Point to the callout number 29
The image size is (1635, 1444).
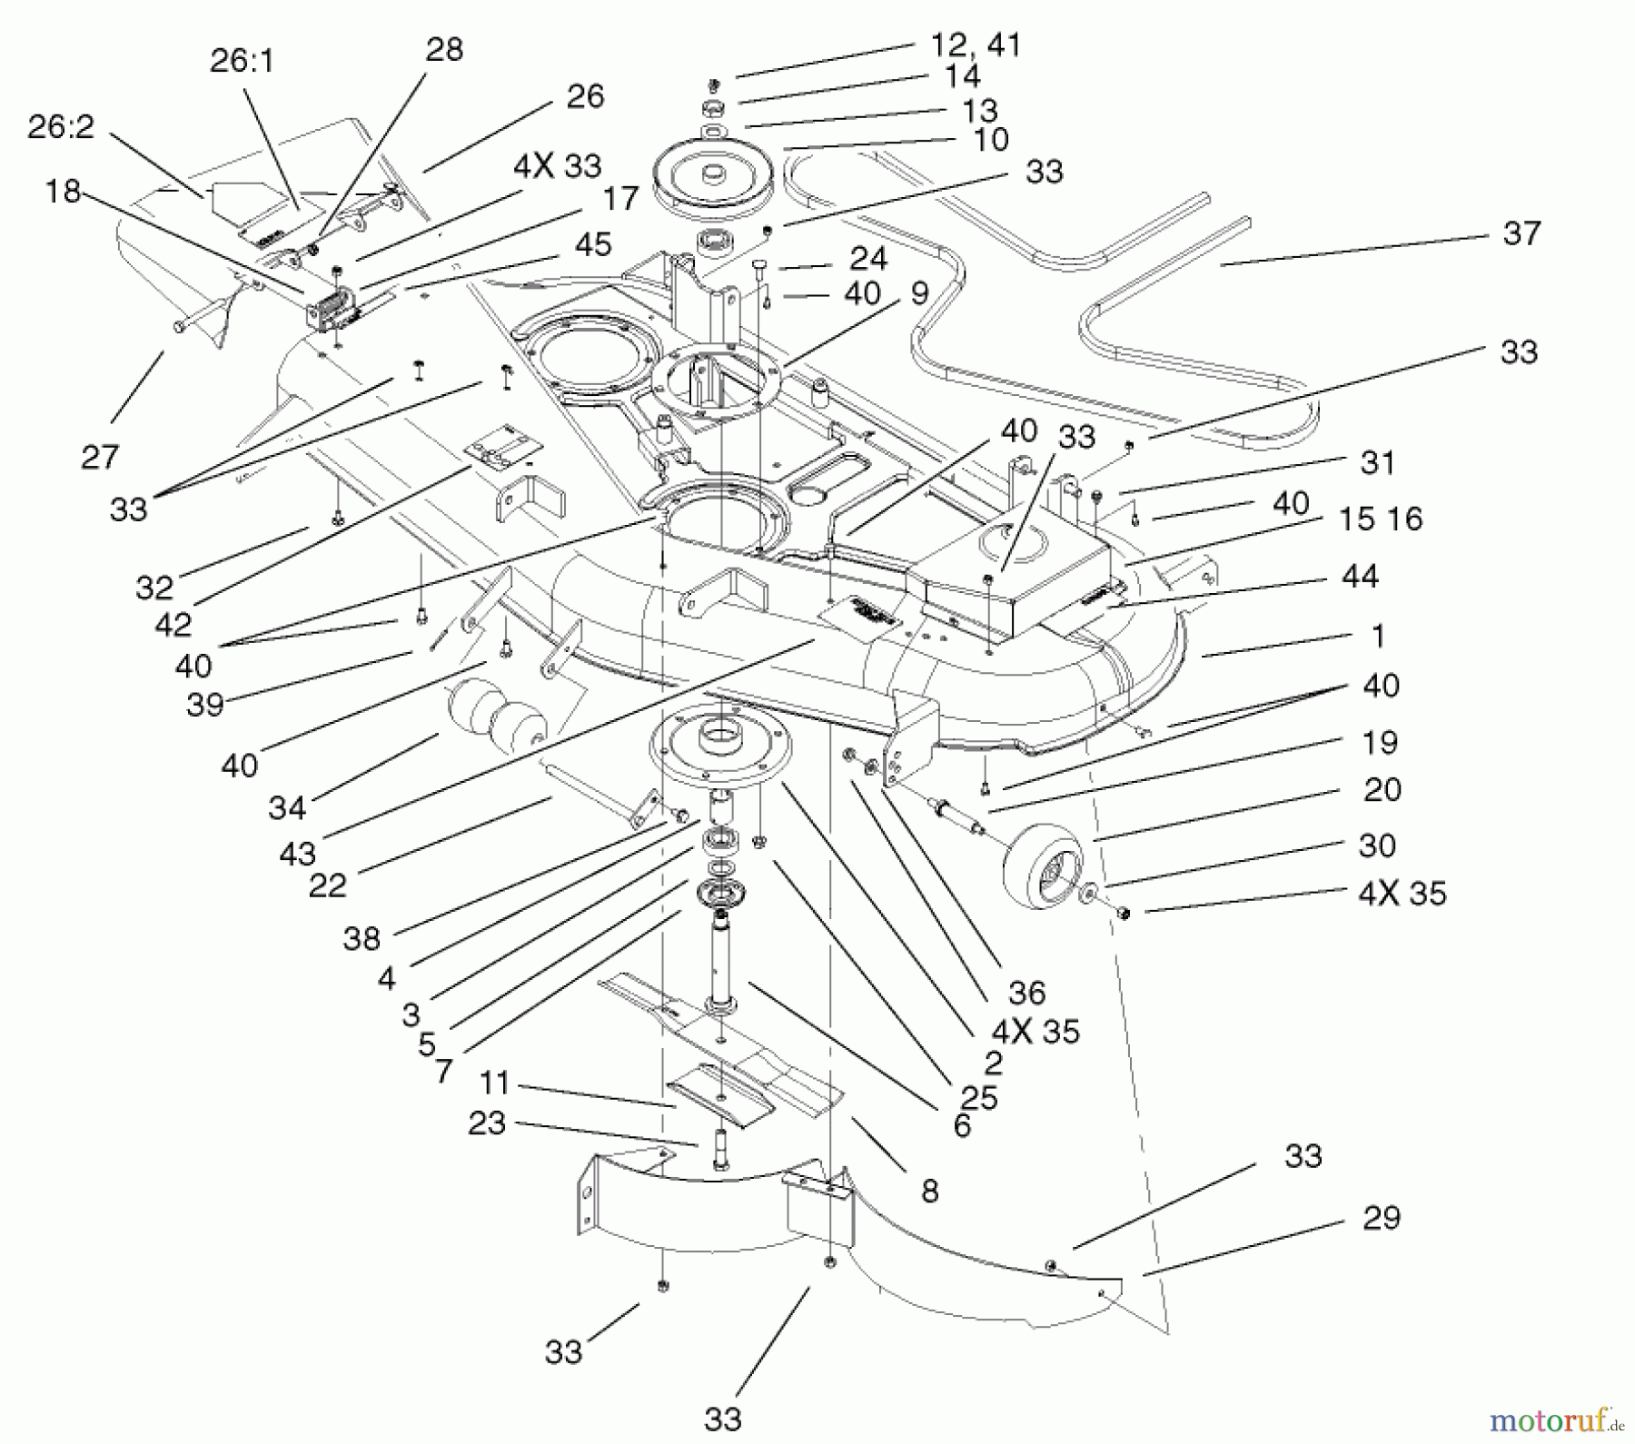(x=1382, y=1218)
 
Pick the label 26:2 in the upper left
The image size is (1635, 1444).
(x=61, y=126)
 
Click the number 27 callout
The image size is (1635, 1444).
(x=100, y=457)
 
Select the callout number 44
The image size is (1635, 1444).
(x=1359, y=576)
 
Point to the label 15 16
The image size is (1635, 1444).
(x=1380, y=519)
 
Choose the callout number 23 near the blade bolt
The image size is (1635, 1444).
(x=487, y=1123)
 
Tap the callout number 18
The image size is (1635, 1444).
(x=63, y=192)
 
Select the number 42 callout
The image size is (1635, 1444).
(x=173, y=625)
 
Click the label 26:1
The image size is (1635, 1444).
(x=242, y=61)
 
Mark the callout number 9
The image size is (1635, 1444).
(x=919, y=293)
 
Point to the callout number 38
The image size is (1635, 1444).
(x=362, y=938)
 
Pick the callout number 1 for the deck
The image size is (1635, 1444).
(x=1378, y=636)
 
